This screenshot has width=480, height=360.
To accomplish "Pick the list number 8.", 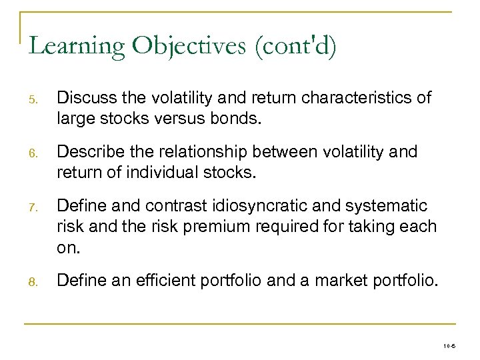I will [33, 282].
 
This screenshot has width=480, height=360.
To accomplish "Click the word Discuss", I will [83, 99].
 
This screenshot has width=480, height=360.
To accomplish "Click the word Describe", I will [87, 152].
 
